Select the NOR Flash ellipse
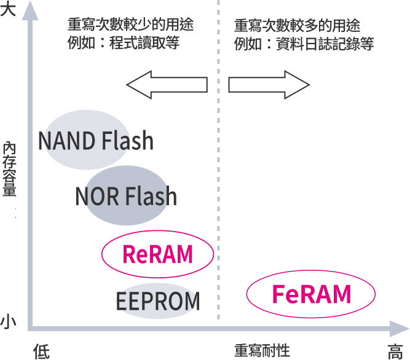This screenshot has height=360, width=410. click(x=126, y=196)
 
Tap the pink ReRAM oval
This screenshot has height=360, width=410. click(x=157, y=254)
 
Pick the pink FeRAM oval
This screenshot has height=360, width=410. click(x=311, y=294)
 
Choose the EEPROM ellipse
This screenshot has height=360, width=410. click(x=158, y=301)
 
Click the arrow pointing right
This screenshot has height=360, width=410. click(x=267, y=85)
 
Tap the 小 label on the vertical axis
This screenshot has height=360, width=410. click(x=8, y=320)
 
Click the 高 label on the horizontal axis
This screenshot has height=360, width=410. click(x=395, y=351)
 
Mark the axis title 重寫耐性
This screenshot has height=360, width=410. click(x=262, y=351)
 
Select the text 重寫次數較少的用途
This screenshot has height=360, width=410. click(x=130, y=25)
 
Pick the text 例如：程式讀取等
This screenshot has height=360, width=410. click(x=123, y=44)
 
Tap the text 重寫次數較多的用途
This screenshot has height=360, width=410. click(x=297, y=26)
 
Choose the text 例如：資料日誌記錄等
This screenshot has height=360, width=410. click(x=304, y=44)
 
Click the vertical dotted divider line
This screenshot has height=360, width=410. click(x=218, y=184)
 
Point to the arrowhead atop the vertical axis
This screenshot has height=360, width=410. click(x=27, y=12)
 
